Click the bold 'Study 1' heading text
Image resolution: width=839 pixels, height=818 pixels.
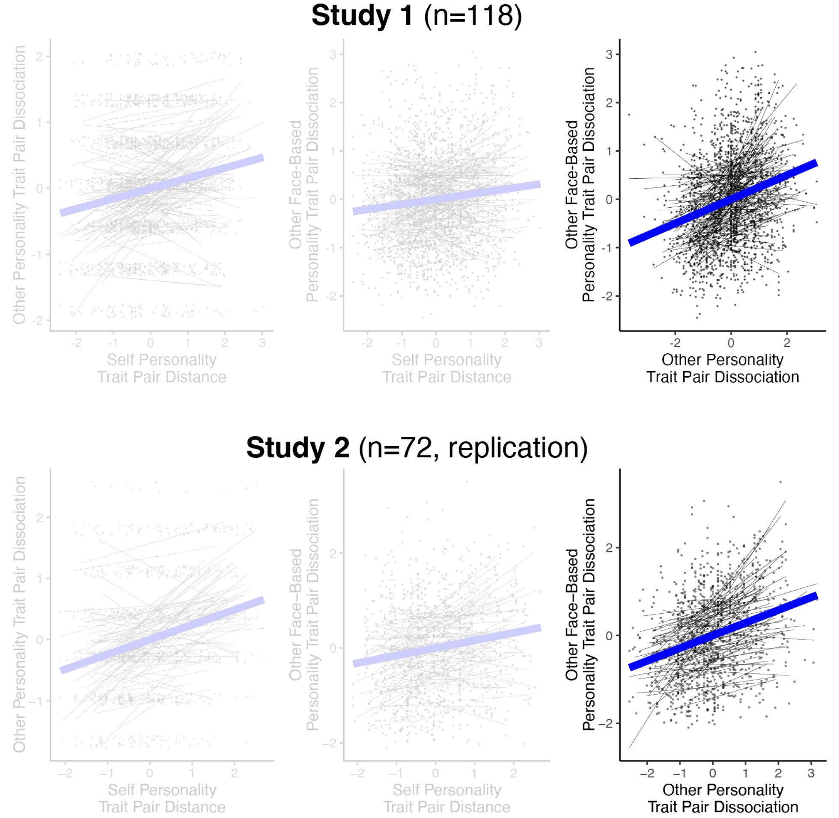362,16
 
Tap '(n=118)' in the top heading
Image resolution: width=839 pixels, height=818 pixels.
473,16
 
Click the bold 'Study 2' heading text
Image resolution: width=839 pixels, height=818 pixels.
298,448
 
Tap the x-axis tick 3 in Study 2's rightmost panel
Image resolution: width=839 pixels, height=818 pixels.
811,774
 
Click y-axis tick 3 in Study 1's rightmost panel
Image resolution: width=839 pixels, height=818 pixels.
609,54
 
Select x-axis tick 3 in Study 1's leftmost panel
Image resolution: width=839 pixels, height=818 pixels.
262,343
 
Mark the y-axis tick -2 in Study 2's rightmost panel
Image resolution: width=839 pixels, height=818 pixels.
606,723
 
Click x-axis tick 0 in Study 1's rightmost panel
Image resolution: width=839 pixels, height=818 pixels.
731,343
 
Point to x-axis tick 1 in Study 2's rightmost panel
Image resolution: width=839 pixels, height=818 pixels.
745,774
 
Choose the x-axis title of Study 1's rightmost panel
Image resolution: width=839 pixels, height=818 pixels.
723,368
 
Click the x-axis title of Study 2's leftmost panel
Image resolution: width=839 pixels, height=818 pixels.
162,798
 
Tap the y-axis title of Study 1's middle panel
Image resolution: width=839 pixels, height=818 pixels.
303,185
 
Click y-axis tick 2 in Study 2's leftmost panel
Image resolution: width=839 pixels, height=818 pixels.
40,518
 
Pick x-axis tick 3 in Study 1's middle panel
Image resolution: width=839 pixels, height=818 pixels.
539,343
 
